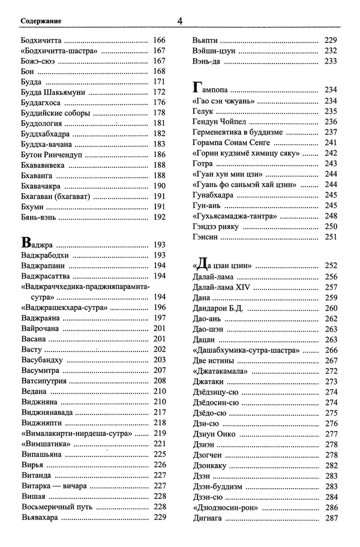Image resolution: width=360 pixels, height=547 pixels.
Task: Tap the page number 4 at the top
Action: tap(179, 22)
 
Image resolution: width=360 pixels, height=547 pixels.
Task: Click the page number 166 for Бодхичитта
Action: tap(159, 41)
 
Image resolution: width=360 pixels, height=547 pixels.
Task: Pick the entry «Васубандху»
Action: tap(41, 360)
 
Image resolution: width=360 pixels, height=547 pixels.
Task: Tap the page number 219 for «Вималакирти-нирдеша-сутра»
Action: tap(159, 433)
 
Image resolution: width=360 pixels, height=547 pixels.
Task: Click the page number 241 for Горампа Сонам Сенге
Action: tap(331, 143)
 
